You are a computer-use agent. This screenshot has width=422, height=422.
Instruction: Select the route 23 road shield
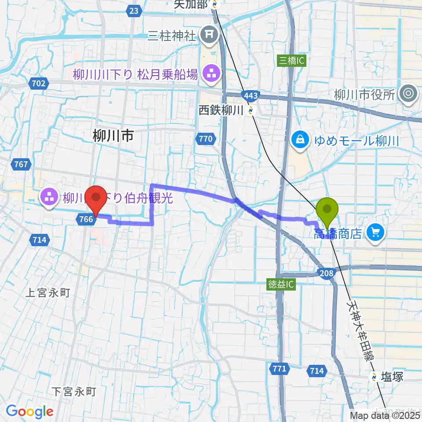[x=134, y=10]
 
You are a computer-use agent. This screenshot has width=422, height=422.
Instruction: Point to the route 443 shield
[x=251, y=95]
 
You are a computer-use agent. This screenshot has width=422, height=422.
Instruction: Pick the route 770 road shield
[x=205, y=139]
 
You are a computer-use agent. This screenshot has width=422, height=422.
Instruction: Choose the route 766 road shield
[x=86, y=219]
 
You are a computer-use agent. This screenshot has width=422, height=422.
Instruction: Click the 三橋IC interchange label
[x=291, y=61]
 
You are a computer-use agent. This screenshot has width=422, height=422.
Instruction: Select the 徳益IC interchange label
[x=281, y=285]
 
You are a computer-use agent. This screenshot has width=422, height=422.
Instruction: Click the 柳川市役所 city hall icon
[x=408, y=94]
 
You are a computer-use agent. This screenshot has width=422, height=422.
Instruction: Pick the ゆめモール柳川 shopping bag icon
[x=301, y=141]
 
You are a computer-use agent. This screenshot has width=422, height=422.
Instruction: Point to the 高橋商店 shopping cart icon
[x=375, y=232]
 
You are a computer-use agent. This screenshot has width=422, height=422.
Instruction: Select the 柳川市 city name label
[x=113, y=136]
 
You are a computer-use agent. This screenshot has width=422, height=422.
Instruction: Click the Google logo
[x=29, y=411]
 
